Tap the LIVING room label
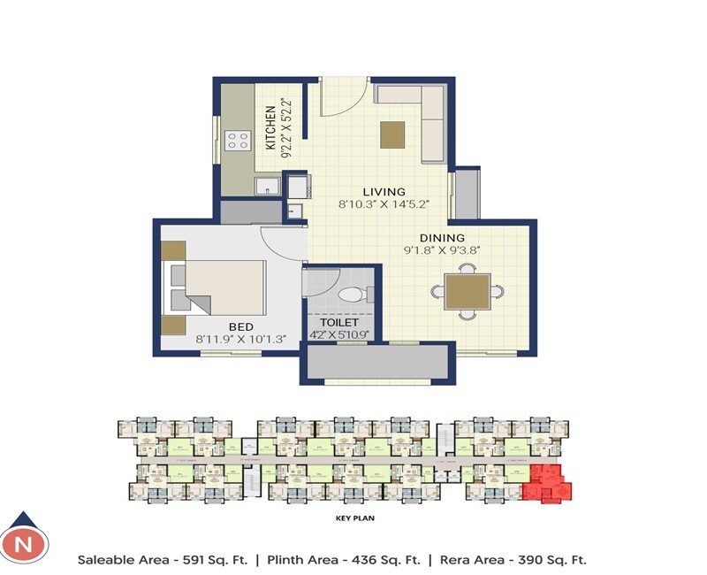click(x=384, y=192)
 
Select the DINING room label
click(x=442, y=238)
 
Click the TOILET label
click(x=339, y=323)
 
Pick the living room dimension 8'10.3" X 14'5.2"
click(x=384, y=204)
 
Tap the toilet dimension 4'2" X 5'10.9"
click(x=339, y=335)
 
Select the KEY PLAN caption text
click(x=353, y=520)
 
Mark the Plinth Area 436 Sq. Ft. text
click(x=338, y=560)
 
